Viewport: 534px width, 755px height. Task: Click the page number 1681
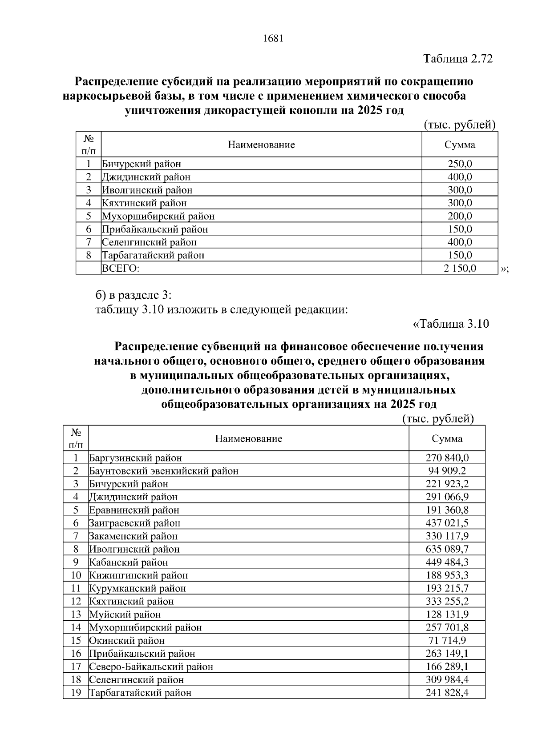tap(273, 39)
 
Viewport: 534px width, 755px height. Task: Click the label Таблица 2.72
tap(458, 59)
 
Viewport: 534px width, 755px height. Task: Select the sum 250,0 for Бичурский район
tap(460, 164)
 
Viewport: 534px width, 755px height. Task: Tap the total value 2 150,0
tap(460, 268)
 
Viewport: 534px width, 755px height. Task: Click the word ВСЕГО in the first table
tap(121, 269)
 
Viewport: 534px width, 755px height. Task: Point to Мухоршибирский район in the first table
tap(158, 217)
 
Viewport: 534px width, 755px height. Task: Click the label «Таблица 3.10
tap(451, 324)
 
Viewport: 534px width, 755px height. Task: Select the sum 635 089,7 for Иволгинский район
tap(447, 549)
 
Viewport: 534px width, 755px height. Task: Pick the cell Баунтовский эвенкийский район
tap(164, 471)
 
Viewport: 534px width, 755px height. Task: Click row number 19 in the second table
tap(76, 693)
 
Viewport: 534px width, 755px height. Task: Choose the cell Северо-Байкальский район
tap(151, 667)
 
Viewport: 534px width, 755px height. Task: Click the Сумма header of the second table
tap(447, 439)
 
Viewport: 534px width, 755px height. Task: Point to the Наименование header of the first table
tap(261, 145)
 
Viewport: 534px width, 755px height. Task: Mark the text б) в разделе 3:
tap(133, 295)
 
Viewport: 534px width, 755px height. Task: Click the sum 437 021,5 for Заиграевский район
tap(447, 523)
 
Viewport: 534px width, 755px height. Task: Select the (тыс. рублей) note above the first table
tap(459, 125)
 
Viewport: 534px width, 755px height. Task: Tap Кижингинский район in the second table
tap(138, 575)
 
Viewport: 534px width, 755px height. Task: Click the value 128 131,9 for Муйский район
tap(447, 614)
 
